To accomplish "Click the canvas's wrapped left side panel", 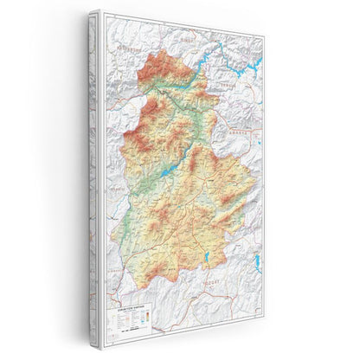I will pos(93,173).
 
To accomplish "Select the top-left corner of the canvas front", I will pos(101,12).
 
